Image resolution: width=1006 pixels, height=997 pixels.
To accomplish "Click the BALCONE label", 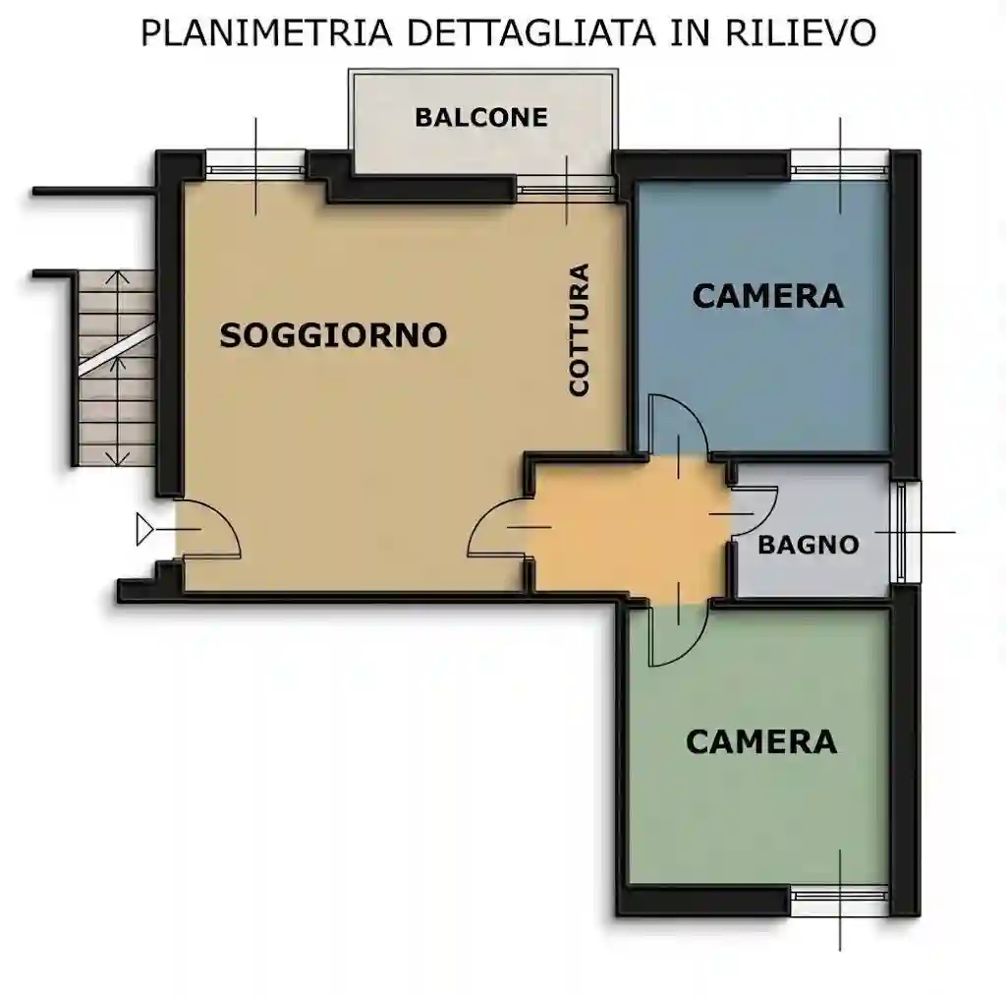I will click(480, 117).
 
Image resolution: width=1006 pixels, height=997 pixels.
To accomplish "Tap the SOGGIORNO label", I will click(333, 335).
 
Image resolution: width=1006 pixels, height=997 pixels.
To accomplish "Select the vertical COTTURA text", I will click(580, 329).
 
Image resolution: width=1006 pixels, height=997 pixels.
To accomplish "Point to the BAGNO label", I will click(809, 544).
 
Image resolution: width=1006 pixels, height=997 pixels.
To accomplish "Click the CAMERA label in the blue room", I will click(767, 295).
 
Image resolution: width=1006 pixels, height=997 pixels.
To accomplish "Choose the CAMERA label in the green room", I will click(761, 740).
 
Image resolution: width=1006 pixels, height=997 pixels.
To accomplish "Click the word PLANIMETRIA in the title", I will click(268, 32).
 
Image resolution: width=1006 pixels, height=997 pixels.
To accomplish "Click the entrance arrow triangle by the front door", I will click(145, 530).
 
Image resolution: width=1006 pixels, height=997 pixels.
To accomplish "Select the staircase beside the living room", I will click(117, 370).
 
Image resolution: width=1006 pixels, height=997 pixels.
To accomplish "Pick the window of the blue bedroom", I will click(840, 163).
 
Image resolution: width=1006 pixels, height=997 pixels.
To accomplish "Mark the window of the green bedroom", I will click(840, 901).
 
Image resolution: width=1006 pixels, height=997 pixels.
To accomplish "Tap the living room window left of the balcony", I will click(256, 163).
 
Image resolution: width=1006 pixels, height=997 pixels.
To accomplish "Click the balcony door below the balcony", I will click(566, 188).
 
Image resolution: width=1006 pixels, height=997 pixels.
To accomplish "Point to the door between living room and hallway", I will click(499, 531).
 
